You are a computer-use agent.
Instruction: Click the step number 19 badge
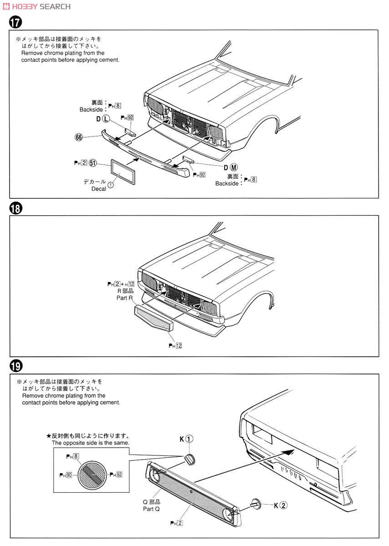coord(15,365)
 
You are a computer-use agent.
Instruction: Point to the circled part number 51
coord(93,162)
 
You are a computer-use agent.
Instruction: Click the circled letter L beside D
coord(106,119)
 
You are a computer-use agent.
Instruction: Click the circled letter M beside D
coord(234,167)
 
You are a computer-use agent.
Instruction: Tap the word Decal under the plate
coord(99,188)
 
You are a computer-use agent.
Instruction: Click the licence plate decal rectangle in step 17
coord(123,172)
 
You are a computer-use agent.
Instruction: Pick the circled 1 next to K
coord(190,439)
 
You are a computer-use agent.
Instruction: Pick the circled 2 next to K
coord(283,505)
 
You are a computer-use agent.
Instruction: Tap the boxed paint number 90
coord(69,475)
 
